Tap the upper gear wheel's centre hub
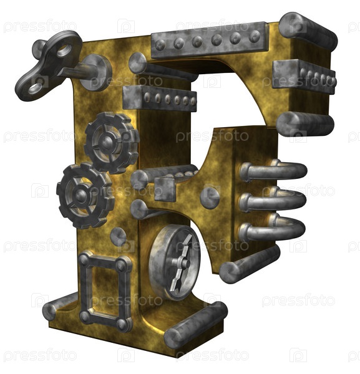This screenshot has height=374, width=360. pyautogui.click(x=107, y=142)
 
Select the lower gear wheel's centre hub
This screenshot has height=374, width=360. pyautogui.click(x=81, y=195)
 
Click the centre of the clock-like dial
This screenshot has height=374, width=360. pyautogui.click(x=183, y=263)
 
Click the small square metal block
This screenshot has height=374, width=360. pyautogui.click(x=165, y=189)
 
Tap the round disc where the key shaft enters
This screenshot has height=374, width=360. pyautogui.click(x=95, y=72)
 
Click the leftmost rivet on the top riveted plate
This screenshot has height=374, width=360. pyautogui.click(x=160, y=45)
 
